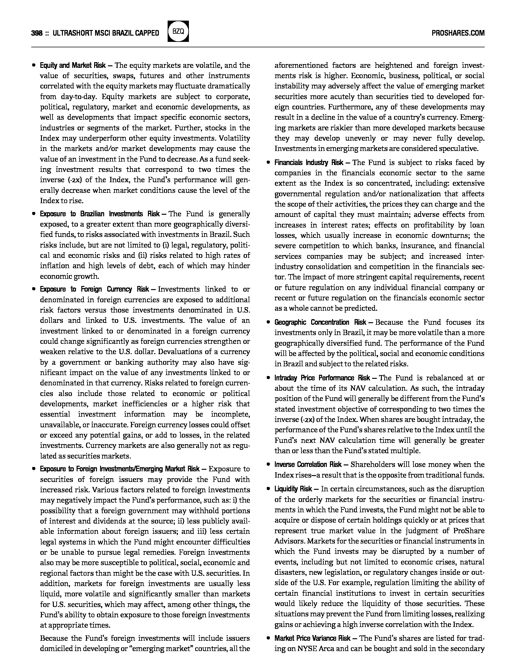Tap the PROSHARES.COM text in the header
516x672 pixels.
pyautogui.click(x=458, y=33)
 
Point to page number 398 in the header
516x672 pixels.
pyautogui.click(x=37, y=33)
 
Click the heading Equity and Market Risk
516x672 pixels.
pyautogui.click(x=73, y=66)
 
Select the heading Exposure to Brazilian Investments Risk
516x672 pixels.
pyautogui.click(x=100, y=214)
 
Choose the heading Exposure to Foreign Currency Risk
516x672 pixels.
pyautogui.click(x=94, y=289)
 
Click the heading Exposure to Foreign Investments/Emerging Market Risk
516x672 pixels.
pyautogui.click(x=120, y=469)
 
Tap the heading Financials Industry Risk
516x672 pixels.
pyautogui.click(x=309, y=163)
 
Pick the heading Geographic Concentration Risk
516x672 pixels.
pyautogui.click(x=320, y=323)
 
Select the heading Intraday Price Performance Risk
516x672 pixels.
pyautogui.click(x=322, y=378)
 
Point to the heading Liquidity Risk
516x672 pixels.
pyautogui.click(x=293, y=489)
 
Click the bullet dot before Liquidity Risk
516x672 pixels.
pyautogui.click(x=268, y=489)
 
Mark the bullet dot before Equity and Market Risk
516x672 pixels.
pyautogui.click(x=33, y=66)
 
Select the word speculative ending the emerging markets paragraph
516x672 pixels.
pyautogui.click(x=458, y=149)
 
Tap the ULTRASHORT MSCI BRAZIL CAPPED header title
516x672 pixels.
pyautogui.click(x=106, y=33)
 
